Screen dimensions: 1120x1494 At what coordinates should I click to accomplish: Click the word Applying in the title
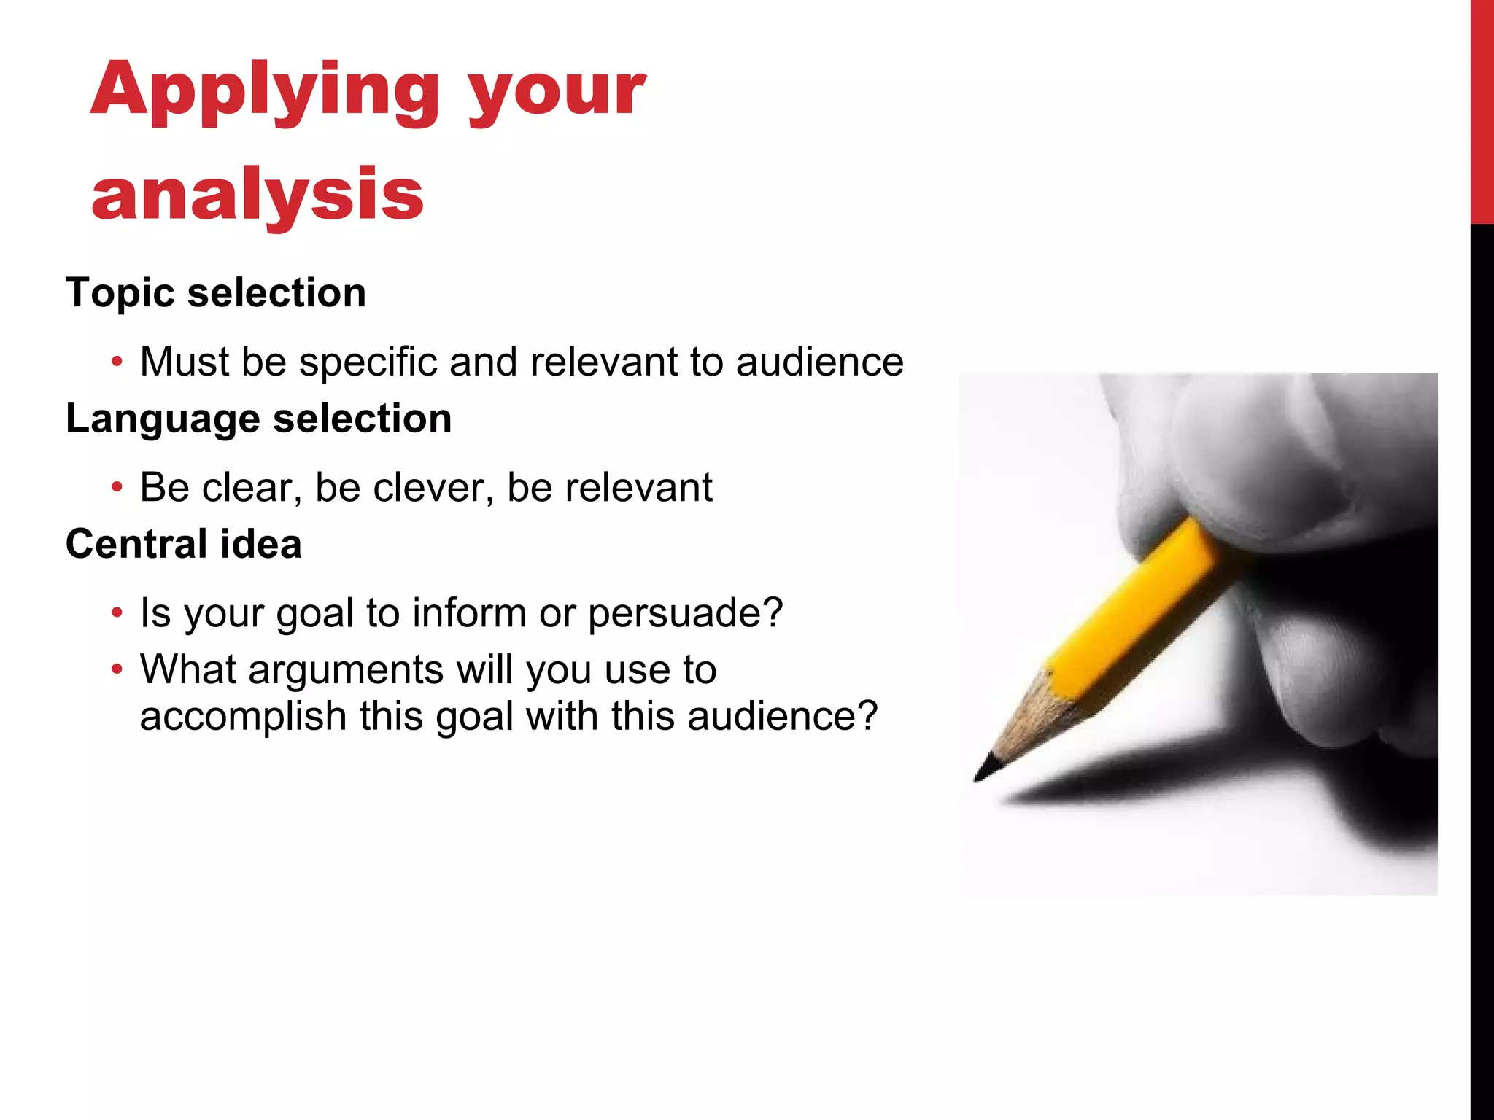pos(265,91)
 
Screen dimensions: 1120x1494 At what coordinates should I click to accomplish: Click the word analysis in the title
pos(257,194)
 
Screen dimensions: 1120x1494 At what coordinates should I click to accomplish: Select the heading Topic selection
pos(216,293)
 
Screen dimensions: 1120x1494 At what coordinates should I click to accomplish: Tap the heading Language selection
pos(259,419)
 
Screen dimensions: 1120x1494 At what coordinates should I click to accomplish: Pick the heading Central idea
pos(184,544)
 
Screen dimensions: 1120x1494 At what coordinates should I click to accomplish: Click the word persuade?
pos(685,612)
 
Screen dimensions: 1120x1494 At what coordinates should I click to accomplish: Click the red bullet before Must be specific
pos(117,362)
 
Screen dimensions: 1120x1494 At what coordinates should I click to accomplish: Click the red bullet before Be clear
pos(117,487)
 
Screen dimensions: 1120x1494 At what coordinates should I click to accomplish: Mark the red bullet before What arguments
pos(117,669)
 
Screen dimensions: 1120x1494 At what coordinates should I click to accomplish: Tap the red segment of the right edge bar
pos(1482,109)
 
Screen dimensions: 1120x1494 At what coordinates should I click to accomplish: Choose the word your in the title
pos(556,91)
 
